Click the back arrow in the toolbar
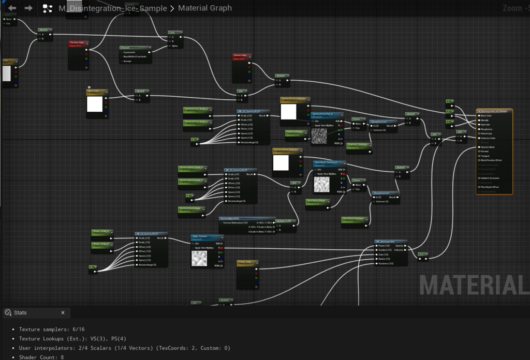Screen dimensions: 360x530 click(12, 8)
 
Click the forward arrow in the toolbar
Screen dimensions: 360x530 click(28, 8)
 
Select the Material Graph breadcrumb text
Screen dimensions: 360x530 click(204, 8)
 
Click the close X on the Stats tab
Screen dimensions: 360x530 click(63, 313)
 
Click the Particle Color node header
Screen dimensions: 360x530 click(78, 43)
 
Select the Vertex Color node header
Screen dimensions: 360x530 click(242, 55)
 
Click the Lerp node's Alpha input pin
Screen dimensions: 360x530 click(169, 46)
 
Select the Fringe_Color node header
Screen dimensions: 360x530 click(247, 263)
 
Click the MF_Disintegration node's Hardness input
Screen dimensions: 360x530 click(377, 263)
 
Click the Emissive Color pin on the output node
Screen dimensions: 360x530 click(479, 138)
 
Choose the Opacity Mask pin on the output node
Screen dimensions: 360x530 click(479, 147)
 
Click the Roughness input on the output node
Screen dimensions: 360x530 click(479, 129)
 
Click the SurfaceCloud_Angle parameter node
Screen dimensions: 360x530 click(190, 209)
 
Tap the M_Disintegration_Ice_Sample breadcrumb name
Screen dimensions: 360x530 click(112, 8)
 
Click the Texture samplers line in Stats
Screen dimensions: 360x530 click(52, 329)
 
